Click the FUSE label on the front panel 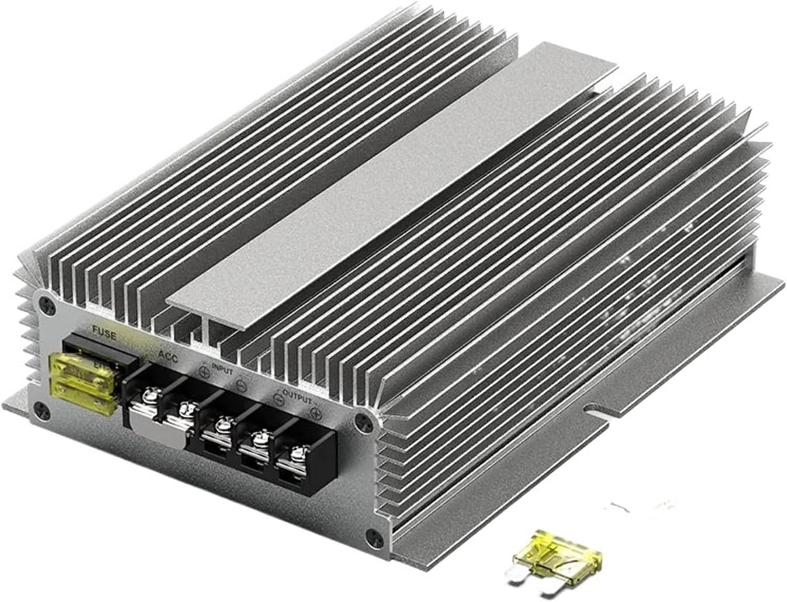pyautogui.click(x=104, y=332)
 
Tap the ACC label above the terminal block pyautogui.click(x=168, y=357)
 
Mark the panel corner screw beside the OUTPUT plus pyautogui.click(x=362, y=421)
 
